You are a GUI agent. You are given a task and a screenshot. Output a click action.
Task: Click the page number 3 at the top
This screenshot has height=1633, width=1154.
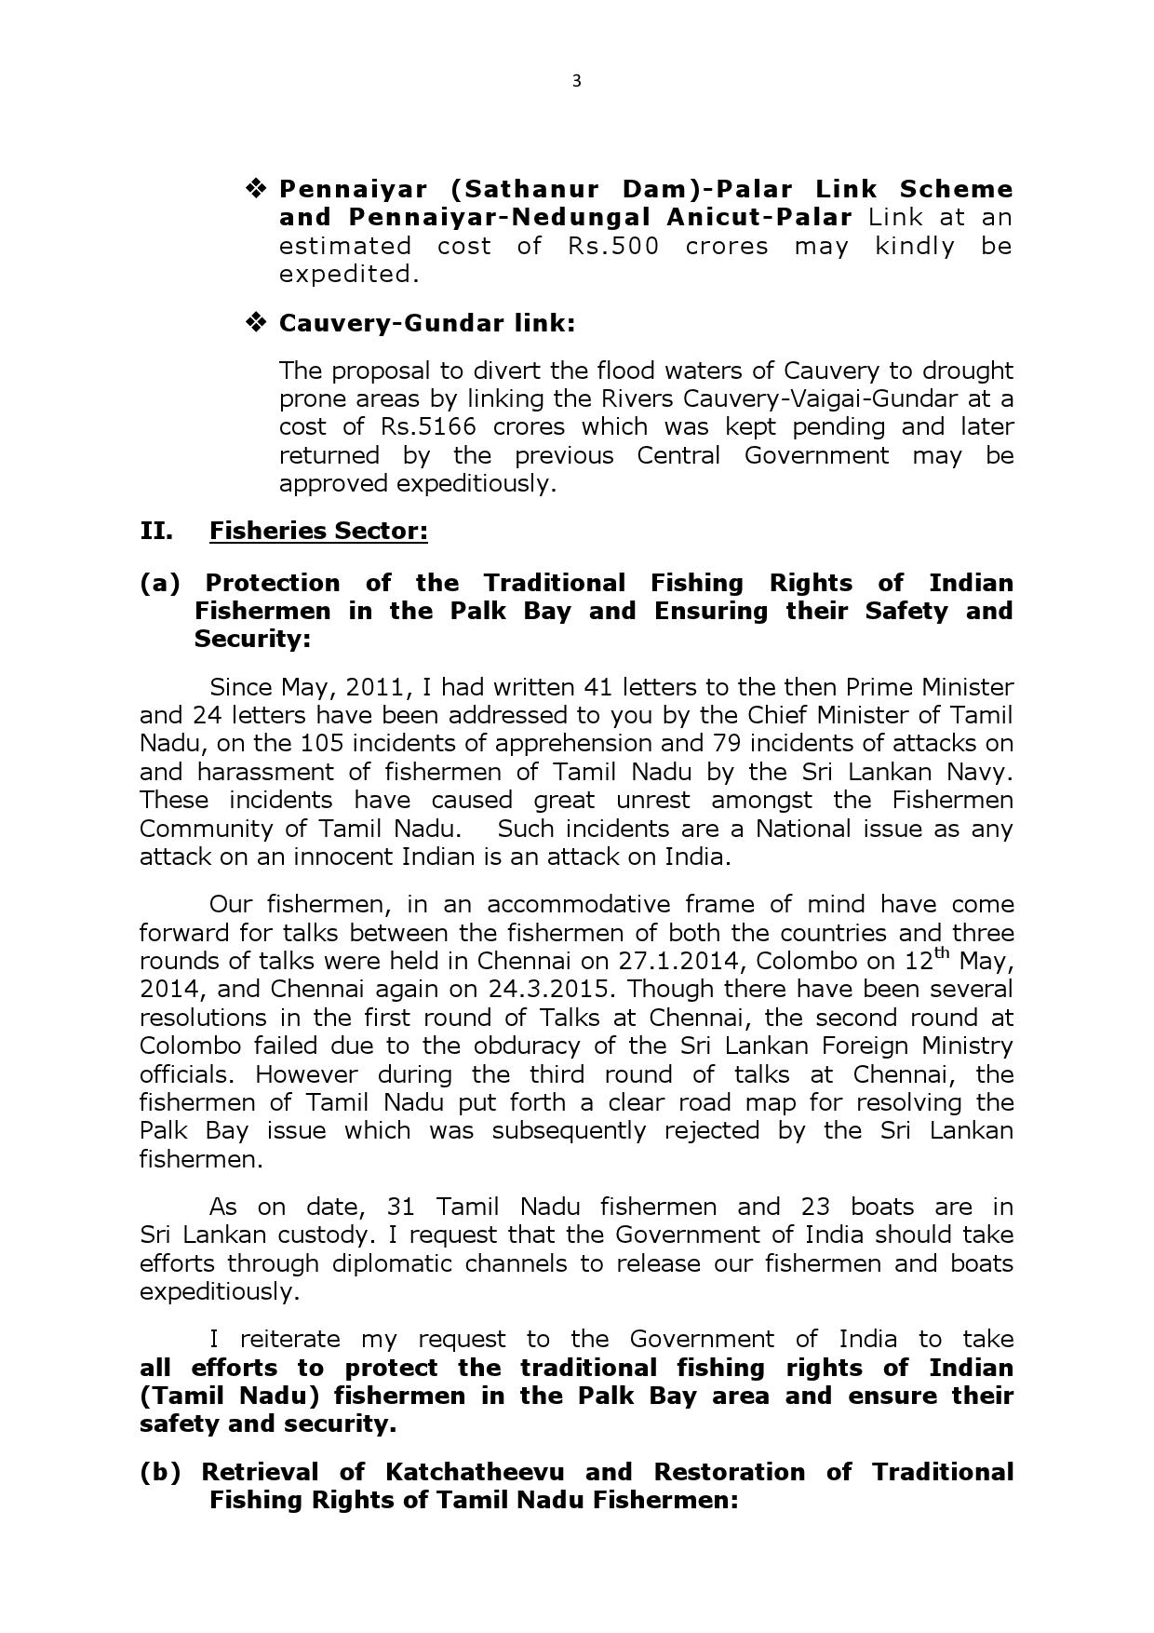(576, 81)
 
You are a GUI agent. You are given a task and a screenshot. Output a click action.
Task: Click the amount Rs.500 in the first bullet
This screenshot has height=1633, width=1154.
(613, 246)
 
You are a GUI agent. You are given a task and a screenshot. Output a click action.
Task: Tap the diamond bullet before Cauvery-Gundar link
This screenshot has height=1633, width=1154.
(255, 322)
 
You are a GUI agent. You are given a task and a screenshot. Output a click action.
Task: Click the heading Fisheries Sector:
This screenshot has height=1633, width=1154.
(318, 531)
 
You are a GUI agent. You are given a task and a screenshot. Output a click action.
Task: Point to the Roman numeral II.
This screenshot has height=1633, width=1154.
(155, 531)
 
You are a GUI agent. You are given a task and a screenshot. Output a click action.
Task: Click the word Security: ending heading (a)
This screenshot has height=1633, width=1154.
(252, 640)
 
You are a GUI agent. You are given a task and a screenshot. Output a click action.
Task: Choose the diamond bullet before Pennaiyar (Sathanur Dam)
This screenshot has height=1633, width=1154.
(255, 189)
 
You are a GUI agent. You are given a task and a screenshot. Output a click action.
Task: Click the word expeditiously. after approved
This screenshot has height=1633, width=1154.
(476, 484)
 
